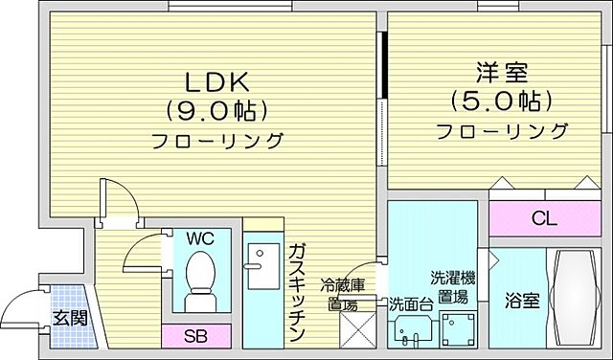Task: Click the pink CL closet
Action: click(544, 219)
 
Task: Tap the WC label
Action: click(200, 236)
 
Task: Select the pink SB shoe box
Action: click(195, 336)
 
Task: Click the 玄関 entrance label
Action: click(65, 318)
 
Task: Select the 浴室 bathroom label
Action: click(523, 300)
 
